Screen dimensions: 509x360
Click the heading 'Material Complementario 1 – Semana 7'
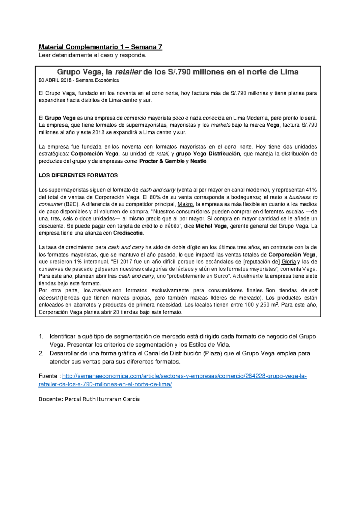click(x=100, y=47)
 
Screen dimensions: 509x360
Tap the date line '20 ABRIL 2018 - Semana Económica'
click(x=79, y=80)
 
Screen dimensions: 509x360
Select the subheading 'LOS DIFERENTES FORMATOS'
click(x=78, y=176)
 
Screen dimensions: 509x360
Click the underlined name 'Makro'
click(x=185, y=204)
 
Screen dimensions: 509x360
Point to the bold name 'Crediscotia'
click(x=128, y=233)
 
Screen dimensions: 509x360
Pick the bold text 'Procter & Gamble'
click(x=162, y=161)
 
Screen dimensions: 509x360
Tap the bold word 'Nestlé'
click(x=198, y=161)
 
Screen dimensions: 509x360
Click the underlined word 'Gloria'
click(x=289, y=262)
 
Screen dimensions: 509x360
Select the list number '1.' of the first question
click(x=42, y=336)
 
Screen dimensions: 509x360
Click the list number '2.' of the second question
click(x=42, y=354)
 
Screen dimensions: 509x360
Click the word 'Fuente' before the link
click(x=48, y=376)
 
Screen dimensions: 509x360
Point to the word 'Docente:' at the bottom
click(x=51, y=399)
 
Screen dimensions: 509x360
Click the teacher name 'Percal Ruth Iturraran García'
click(x=102, y=399)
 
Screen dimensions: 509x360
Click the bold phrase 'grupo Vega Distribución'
click(x=208, y=154)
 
